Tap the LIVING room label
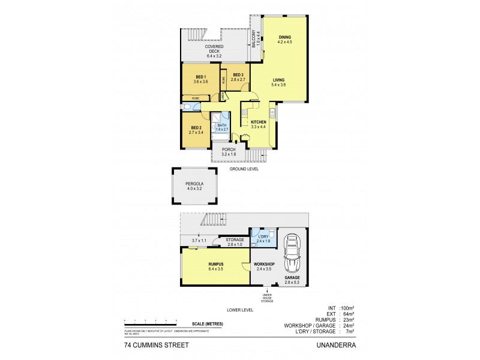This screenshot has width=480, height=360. (x=279, y=80)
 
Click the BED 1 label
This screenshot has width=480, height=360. (x=201, y=77)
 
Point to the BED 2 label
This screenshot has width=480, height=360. (x=196, y=127)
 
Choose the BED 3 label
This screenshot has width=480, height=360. (x=238, y=75)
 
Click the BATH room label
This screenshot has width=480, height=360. (x=222, y=127)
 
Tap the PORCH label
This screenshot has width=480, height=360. (x=229, y=150)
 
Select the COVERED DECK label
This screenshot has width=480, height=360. (x=214, y=49)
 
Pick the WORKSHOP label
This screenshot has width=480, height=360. (x=264, y=265)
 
